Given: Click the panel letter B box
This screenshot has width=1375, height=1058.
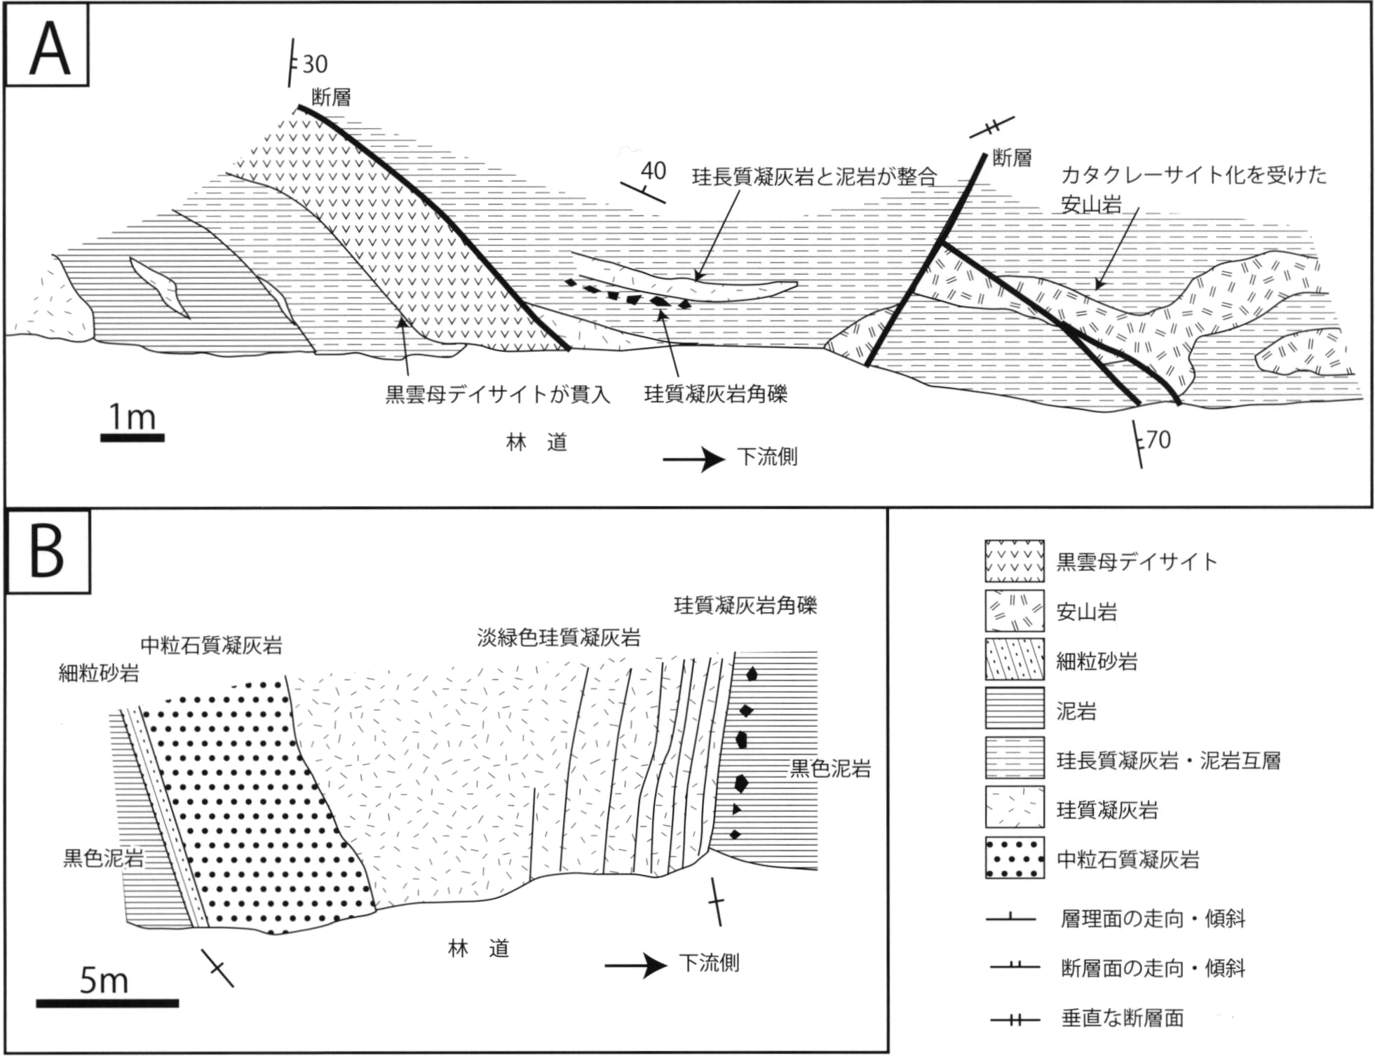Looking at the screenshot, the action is [x=48, y=552].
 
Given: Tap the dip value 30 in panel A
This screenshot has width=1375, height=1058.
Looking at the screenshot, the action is [x=315, y=65].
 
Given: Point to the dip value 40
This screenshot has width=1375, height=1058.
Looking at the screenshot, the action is [x=653, y=170].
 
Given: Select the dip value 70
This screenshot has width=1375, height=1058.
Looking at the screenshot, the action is [x=1158, y=440].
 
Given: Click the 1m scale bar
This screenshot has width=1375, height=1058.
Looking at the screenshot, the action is [x=133, y=438].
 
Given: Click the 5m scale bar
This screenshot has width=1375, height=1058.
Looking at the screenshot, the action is [x=107, y=1003].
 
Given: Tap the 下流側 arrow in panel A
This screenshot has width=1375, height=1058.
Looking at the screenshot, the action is [x=694, y=460].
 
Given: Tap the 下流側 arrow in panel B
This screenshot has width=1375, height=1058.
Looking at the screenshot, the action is [x=635, y=965].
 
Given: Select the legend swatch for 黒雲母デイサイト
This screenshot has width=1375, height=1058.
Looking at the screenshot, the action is [x=1015, y=561].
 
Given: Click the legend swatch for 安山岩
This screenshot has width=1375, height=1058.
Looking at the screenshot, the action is [x=1015, y=611].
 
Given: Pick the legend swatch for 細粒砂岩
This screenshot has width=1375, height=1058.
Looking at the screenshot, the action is [x=1015, y=660].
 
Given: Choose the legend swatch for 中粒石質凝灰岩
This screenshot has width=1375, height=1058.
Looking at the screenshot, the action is [x=1015, y=857].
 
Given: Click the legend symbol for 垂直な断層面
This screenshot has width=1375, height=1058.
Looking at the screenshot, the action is [x=1015, y=1019].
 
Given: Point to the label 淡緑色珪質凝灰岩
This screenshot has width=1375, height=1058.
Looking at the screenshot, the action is [x=559, y=637].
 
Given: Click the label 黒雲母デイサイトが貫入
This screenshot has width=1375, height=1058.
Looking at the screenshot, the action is [x=498, y=394].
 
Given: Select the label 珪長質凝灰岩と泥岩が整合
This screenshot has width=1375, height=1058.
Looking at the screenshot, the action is [x=815, y=176].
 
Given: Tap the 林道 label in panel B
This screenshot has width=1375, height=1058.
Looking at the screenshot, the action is [x=479, y=949].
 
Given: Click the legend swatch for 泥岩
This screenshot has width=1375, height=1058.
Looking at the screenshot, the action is [x=1015, y=710].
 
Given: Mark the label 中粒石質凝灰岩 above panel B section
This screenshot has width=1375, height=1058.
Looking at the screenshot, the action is [x=212, y=645].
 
